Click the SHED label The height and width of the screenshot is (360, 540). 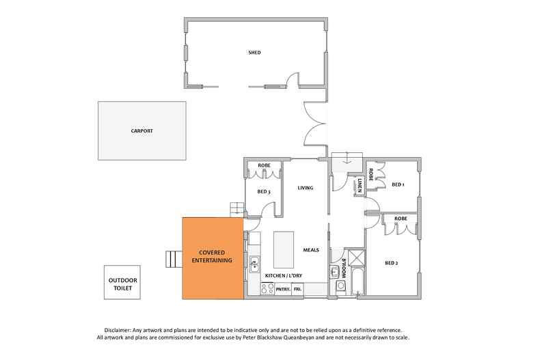coord(255,52)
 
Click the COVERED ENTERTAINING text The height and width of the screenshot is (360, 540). coord(211,257)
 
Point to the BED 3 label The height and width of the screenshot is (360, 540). coord(265,192)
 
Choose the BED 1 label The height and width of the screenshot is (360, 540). coord(399,184)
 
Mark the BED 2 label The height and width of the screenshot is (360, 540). coord(392,263)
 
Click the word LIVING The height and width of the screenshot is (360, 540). coord(305,187)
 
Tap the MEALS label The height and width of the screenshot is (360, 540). coord(311,249)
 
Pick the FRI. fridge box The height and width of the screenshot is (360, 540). coord(298,290)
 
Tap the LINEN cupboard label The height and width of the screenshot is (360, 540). coord(360,184)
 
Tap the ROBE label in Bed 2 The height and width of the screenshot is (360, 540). coord(401,219)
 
